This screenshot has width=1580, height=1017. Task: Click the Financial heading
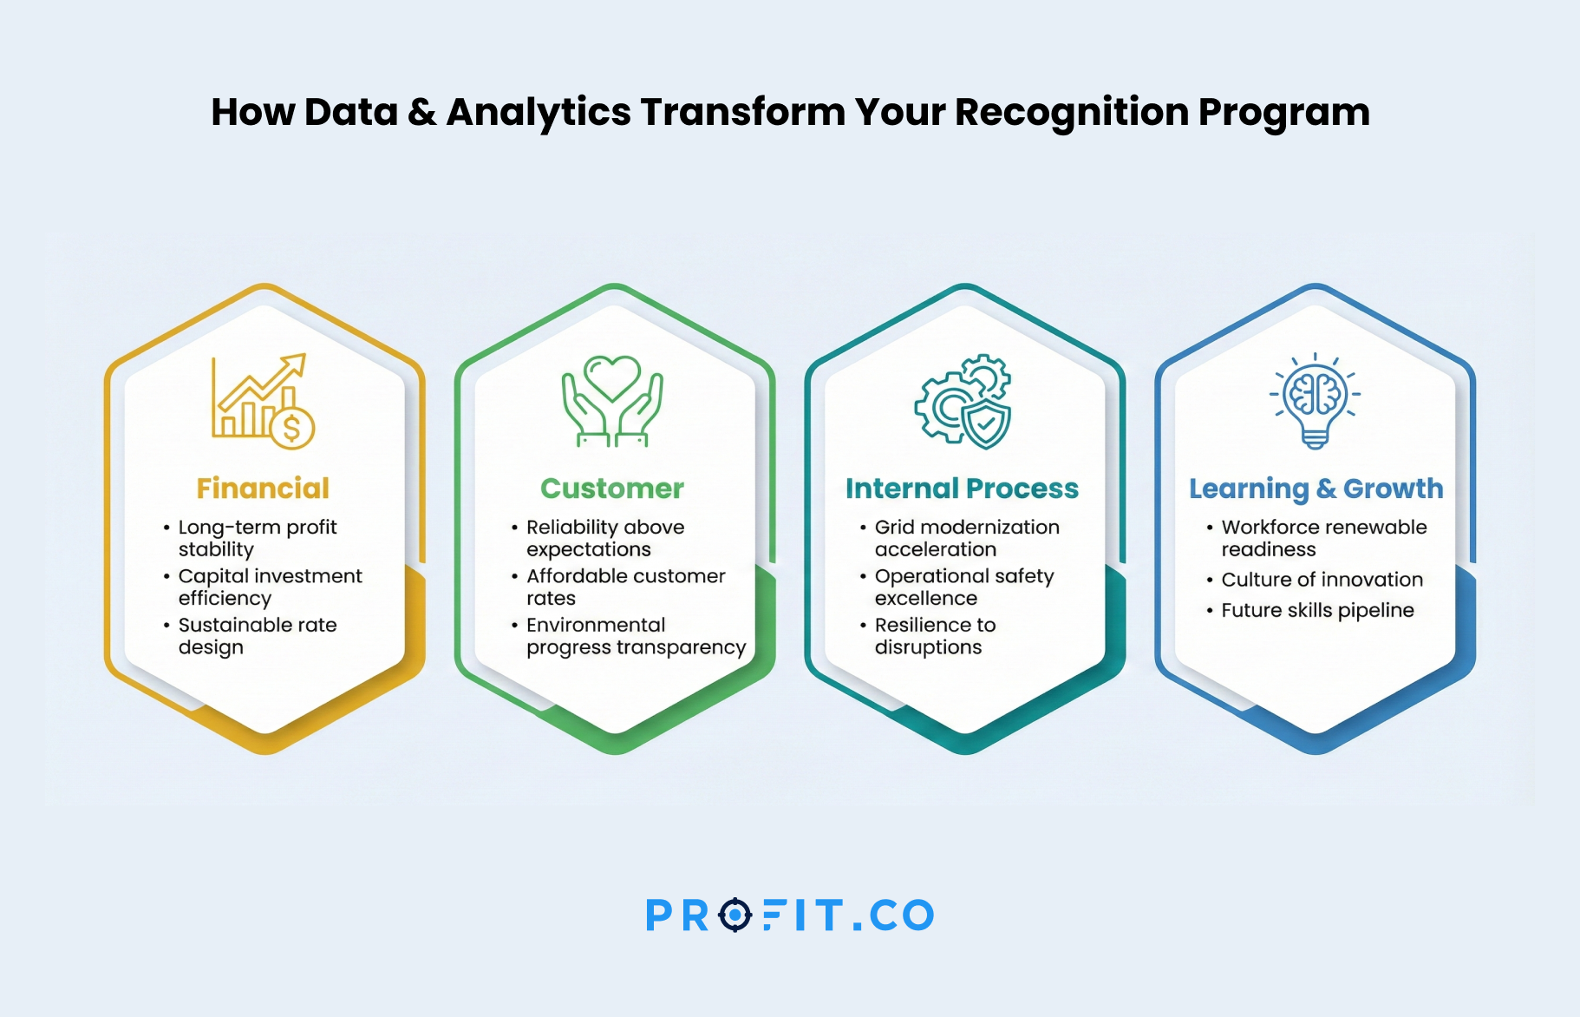[263, 489]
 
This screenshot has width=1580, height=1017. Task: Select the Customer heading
[612, 489]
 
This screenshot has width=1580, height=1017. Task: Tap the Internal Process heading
[962, 489]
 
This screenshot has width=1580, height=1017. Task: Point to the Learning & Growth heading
[1316, 489]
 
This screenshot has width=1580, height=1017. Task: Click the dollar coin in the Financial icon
[291, 427]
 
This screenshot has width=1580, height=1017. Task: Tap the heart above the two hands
[612, 377]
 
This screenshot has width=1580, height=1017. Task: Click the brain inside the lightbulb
[1316, 393]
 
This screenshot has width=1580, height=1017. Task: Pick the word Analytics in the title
[539, 113]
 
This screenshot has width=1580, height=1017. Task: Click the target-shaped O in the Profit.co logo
[735, 915]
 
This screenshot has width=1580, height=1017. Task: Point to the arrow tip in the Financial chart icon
[304, 355]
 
